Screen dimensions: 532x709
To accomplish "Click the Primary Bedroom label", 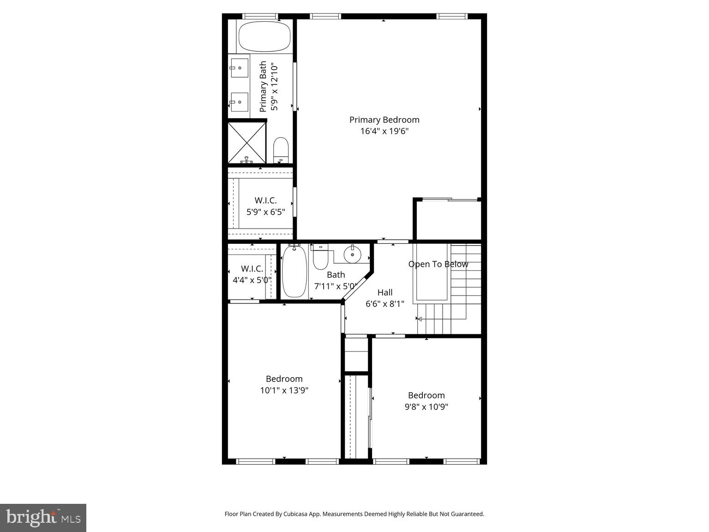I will [x=384, y=120].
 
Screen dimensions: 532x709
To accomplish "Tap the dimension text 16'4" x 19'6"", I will [x=384, y=131].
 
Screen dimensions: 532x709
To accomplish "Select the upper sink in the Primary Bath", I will [x=239, y=67].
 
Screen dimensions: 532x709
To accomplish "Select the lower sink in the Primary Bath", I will [x=239, y=102].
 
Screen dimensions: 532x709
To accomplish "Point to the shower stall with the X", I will [x=247, y=142].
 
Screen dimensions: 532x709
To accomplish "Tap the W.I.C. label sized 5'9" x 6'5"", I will [x=265, y=200].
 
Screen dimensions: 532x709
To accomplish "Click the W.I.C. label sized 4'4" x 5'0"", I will [x=252, y=268].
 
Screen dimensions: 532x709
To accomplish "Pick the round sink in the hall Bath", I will [x=353, y=254].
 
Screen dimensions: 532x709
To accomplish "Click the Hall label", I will [x=385, y=292].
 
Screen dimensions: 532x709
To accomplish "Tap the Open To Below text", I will [x=438, y=264].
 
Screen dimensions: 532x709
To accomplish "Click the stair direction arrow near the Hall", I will [x=419, y=319].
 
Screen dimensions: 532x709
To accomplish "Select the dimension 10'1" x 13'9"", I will [x=284, y=390].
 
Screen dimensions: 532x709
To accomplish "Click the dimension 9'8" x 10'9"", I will [x=426, y=407].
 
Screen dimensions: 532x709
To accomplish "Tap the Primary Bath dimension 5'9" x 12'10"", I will [x=275, y=86].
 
